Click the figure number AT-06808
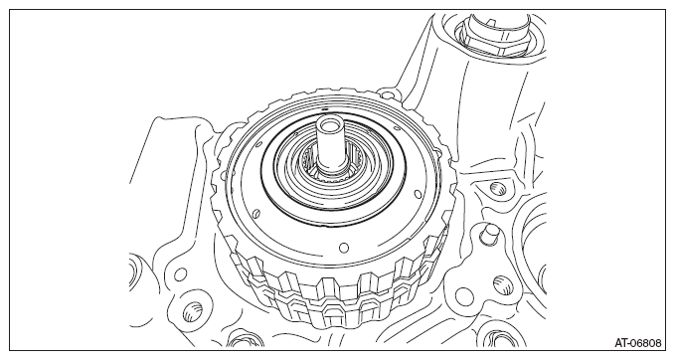click(x=637, y=343)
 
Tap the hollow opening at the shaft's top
click(x=327, y=126)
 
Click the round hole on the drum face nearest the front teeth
click(x=344, y=248)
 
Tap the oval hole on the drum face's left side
click(x=256, y=214)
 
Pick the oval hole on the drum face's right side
click(x=416, y=193)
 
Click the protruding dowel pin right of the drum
click(x=489, y=233)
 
